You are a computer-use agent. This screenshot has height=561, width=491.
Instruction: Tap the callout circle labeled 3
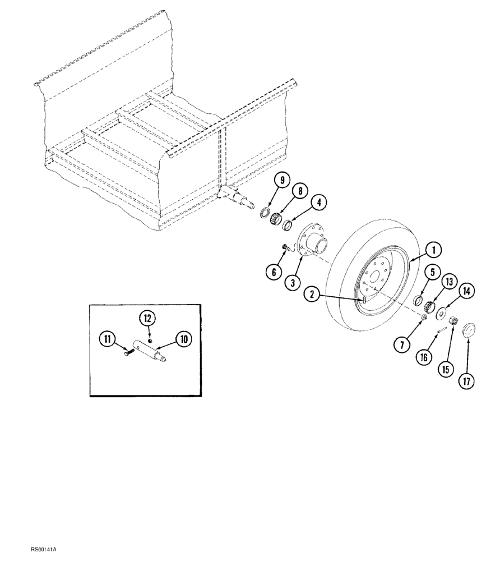point(291,282)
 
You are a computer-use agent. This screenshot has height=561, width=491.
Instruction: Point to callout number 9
point(282,181)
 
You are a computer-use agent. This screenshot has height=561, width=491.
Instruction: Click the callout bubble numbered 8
point(300,191)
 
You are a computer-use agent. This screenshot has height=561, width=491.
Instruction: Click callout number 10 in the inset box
point(183,338)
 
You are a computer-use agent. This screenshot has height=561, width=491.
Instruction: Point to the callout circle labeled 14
point(466,292)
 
